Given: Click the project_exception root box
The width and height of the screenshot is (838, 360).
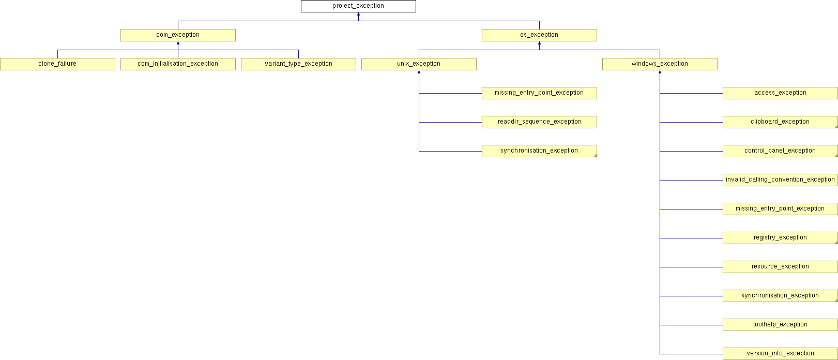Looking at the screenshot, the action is pyautogui.click(x=358, y=6).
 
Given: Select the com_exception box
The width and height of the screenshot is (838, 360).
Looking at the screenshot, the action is pyautogui.click(x=178, y=35).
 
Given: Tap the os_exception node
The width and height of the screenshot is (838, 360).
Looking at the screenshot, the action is pyautogui.click(x=539, y=35).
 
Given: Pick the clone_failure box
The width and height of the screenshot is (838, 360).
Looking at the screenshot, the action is pyautogui.click(x=57, y=64).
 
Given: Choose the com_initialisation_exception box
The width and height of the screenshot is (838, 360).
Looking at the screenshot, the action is pyautogui.click(x=178, y=64).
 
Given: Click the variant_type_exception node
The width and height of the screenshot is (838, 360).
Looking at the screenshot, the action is pyautogui.click(x=298, y=64).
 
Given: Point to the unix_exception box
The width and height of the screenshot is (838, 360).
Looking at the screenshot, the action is pyautogui.click(x=419, y=64).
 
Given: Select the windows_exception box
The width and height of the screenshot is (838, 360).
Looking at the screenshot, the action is pyautogui.click(x=660, y=64).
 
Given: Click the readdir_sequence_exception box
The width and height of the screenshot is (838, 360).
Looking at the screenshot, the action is pyautogui.click(x=539, y=122).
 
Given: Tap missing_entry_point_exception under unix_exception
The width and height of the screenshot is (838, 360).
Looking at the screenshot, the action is pyautogui.click(x=539, y=93).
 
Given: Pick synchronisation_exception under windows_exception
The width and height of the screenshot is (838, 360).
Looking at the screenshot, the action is pyautogui.click(x=780, y=296).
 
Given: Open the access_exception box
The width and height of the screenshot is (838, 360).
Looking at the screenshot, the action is pyautogui.click(x=780, y=93).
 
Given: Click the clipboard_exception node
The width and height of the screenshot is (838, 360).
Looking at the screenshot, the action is pyautogui.click(x=780, y=122).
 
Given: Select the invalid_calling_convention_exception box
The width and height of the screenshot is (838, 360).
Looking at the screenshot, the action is pyautogui.click(x=780, y=180).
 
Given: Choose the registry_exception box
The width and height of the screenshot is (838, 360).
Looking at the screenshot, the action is pyautogui.click(x=780, y=238).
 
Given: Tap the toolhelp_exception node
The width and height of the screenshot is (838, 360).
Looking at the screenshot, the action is pyautogui.click(x=780, y=325).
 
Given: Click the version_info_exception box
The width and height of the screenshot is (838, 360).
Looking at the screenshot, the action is pyautogui.click(x=780, y=354).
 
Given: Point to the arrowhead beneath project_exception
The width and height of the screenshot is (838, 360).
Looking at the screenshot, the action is pyautogui.click(x=358, y=14).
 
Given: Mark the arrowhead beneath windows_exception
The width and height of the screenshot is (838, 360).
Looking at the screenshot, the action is pyautogui.click(x=660, y=72).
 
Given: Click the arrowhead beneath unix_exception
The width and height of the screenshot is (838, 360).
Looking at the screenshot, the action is pyautogui.click(x=419, y=72).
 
